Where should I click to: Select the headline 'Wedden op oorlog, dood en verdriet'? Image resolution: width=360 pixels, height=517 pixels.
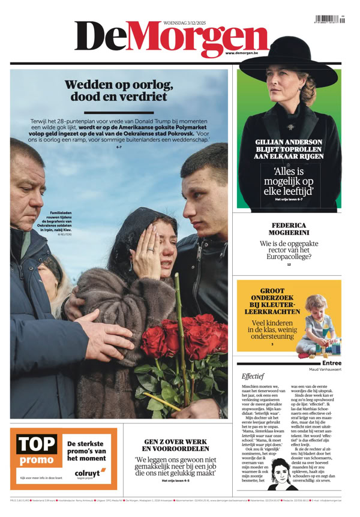pos(119,91)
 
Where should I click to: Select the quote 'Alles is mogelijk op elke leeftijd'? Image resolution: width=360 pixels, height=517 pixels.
pos(289,181)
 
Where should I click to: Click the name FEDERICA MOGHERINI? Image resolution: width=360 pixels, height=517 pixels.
pos(289,231)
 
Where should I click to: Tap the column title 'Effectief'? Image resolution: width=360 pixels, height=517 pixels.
pos(253,376)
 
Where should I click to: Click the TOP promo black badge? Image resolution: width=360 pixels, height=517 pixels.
pos(37,450)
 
